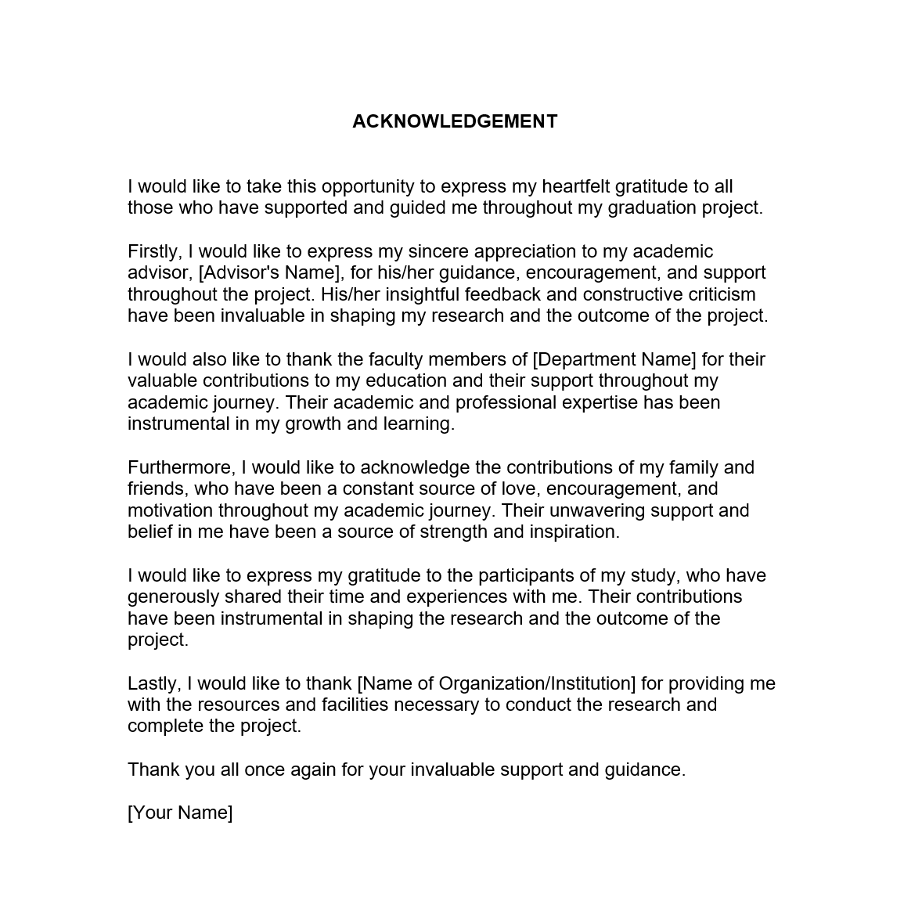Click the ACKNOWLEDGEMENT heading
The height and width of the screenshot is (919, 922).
click(x=455, y=121)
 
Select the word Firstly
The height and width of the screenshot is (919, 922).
click(x=154, y=251)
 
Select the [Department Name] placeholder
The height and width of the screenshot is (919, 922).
click(x=614, y=359)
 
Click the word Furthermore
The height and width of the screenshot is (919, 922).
click(x=181, y=467)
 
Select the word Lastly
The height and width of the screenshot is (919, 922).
click(x=154, y=683)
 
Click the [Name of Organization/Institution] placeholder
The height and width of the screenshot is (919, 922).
click(x=496, y=683)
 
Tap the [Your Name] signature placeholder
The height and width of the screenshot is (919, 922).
click(x=180, y=813)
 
